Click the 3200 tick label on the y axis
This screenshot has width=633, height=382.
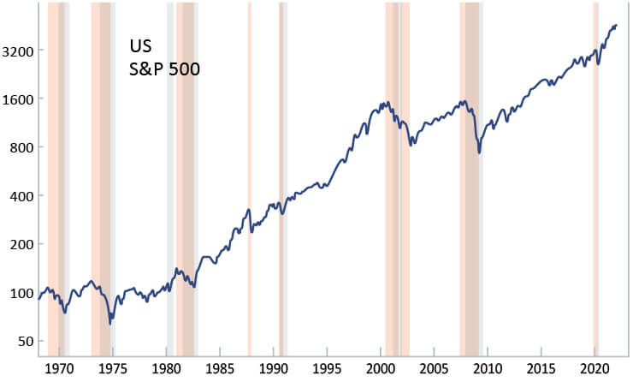[x=17, y=51]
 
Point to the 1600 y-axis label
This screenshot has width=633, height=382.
[x=17, y=98]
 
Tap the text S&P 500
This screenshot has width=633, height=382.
[x=163, y=69]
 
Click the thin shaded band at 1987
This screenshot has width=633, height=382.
[x=249, y=171]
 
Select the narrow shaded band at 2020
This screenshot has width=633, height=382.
[x=595, y=171]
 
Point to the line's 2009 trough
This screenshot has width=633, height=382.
[x=479, y=152]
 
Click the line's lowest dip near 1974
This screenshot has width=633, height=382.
[x=109, y=323]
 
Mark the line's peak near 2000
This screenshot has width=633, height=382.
[x=387, y=103]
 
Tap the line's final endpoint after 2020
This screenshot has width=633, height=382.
[x=616, y=26]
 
